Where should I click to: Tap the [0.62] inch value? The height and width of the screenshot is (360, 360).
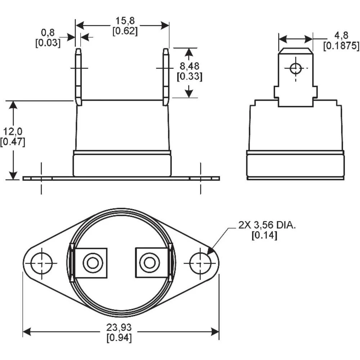point(125,31)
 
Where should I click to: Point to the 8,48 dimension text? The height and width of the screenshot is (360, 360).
point(189,66)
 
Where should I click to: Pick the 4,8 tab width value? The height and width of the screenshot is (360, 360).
point(341,36)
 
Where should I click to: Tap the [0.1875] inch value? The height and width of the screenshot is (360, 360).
point(341,45)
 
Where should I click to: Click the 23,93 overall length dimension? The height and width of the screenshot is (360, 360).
point(119,328)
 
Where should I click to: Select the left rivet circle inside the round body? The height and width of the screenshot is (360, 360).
point(93,263)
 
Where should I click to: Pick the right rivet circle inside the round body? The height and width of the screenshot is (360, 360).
point(149,263)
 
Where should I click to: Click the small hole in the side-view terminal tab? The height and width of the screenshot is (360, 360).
point(296,68)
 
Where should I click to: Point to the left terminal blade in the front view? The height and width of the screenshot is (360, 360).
point(78,77)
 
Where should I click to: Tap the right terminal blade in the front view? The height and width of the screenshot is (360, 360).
point(166,77)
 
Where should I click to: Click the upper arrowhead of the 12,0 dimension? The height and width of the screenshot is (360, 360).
point(13,104)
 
